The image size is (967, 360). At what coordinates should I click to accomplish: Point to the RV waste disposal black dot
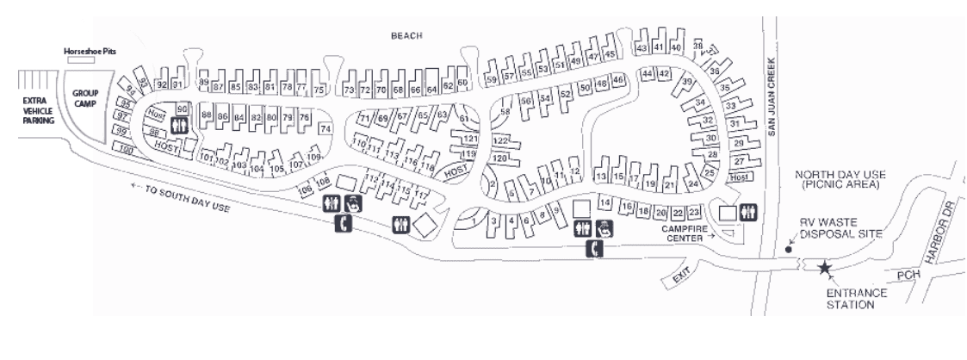pos(790,250)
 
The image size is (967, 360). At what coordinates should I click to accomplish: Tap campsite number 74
pos(325,128)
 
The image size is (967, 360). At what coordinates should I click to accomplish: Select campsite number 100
pos(127,152)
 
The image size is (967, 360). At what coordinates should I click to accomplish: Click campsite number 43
pos(642,47)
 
